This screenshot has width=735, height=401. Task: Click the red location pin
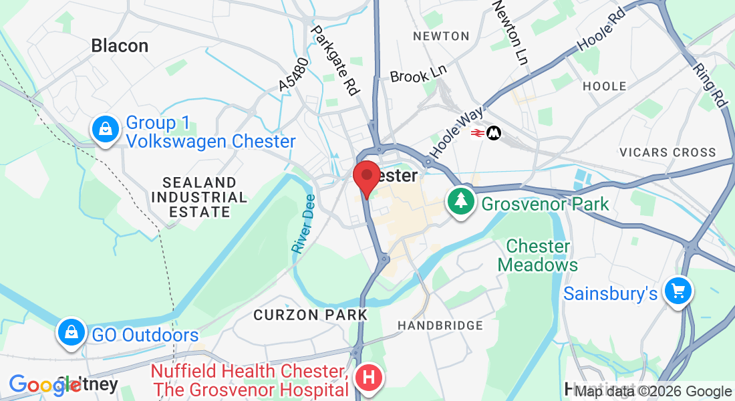click(366, 177)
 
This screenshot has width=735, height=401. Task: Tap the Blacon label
click(120, 45)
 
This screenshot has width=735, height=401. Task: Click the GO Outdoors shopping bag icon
click(70, 333)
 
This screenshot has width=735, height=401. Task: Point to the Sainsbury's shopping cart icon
click(678, 291)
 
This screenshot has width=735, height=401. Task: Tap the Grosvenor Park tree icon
click(461, 202)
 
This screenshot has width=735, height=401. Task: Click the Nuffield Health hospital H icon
click(368, 378)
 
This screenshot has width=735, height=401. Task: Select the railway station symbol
click(486, 133)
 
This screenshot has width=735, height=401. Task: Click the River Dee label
click(303, 227)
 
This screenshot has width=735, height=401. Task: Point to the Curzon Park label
click(310, 314)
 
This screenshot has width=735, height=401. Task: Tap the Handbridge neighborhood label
click(440, 325)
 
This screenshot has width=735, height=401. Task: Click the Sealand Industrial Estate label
click(199, 197)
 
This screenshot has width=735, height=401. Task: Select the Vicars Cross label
click(668, 152)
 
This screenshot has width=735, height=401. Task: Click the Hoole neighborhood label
click(605, 86)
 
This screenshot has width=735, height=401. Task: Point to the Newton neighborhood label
click(441, 36)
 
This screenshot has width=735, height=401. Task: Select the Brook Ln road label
click(418, 74)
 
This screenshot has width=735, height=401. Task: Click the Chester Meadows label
click(538, 255)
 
